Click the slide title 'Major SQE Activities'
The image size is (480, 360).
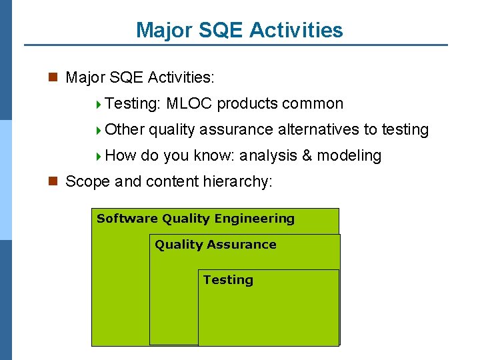pyautogui.click(x=239, y=30)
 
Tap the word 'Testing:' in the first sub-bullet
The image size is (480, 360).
pyautogui.click(x=133, y=104)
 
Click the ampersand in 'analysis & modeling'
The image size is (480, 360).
pyautogui.click(x=307, y=156)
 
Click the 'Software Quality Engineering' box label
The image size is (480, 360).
pyautogui.click(x=195, y=219)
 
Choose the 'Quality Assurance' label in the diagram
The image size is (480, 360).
pyautogui.click(x=215, y=245)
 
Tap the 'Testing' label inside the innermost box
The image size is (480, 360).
pyautogui.click(x=228, y=280)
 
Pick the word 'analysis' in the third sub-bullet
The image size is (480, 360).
pyautogui.click(x=268, y=156)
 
